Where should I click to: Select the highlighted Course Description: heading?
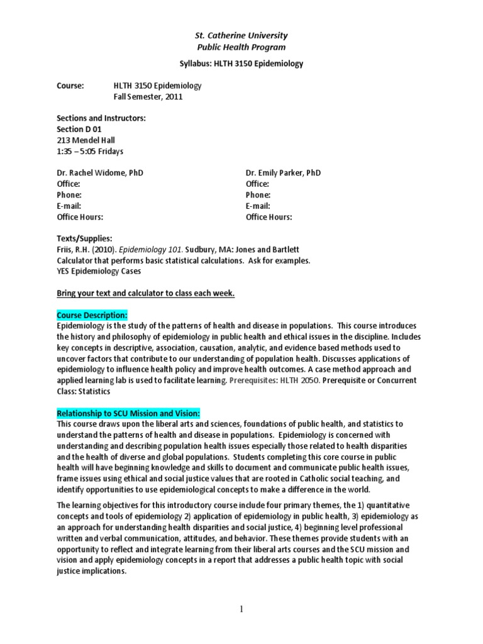[92, 314]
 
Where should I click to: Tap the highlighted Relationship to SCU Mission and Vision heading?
[128, 413]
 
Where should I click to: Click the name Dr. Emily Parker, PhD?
[283, 173]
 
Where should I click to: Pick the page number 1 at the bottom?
[241, 609]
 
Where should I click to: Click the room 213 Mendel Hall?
[86, 140]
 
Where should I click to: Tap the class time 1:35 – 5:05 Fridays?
[90, 152]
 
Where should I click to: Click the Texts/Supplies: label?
[84, 239]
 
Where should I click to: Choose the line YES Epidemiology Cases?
[98, 272]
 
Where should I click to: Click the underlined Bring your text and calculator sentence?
[146, 293]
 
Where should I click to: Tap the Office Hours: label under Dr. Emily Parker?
[269, 217]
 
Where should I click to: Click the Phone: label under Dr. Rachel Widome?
[69, 195]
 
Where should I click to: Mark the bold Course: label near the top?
[70, 86]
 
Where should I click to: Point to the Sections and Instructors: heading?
[101, 119]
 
